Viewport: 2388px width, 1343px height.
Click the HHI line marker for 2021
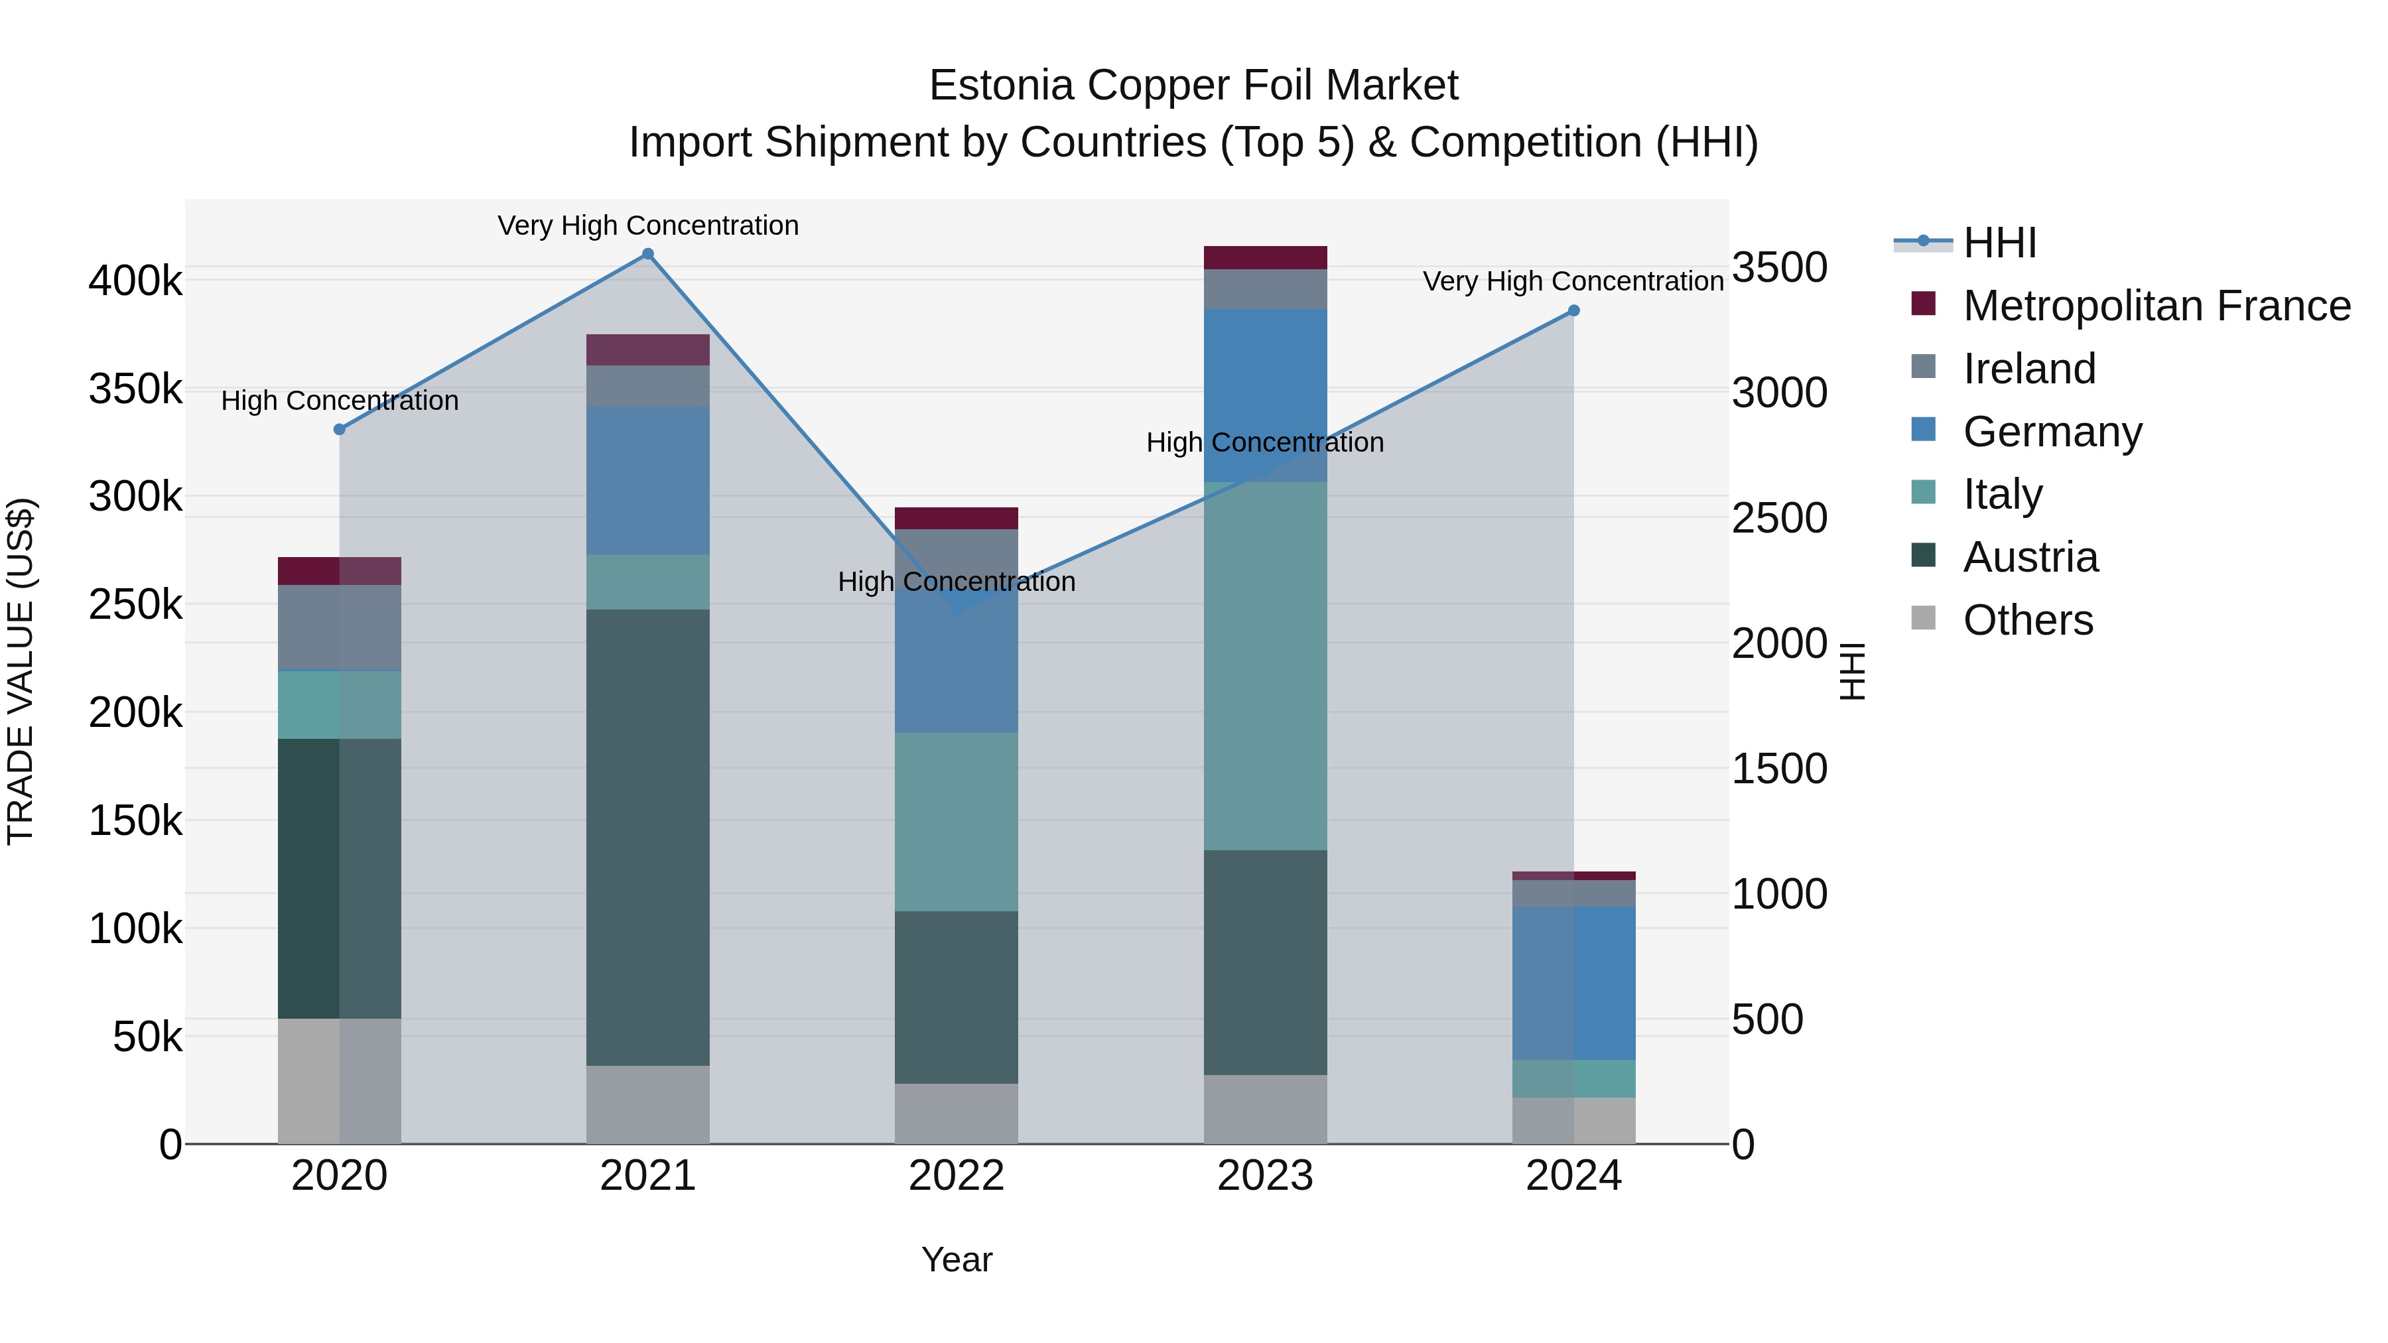(x=648, y=254)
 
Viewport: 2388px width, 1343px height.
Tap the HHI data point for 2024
(x=1573, y=310)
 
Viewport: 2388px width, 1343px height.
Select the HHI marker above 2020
(x=339, y=429)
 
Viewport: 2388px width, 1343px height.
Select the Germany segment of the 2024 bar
(x=1573, y=982)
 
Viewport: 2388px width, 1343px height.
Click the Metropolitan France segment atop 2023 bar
(x=1266, y=257)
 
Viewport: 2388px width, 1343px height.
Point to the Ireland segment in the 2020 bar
(x=339, y=627)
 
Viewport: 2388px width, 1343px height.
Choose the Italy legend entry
(x=2003, y=494)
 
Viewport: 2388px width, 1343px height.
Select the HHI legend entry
(x=1999, y=243)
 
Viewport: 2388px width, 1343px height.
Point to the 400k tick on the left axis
(x=135, y=280)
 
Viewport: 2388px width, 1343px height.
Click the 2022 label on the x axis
(x=956, y=1176)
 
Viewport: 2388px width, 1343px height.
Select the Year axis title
(x=956, y=1259)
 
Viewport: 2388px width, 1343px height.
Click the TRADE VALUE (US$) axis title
(x=21, y=671)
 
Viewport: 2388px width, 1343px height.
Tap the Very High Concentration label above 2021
(x=648, y=225)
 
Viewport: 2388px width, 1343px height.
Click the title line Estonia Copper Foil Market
(x=1193, y=86)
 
